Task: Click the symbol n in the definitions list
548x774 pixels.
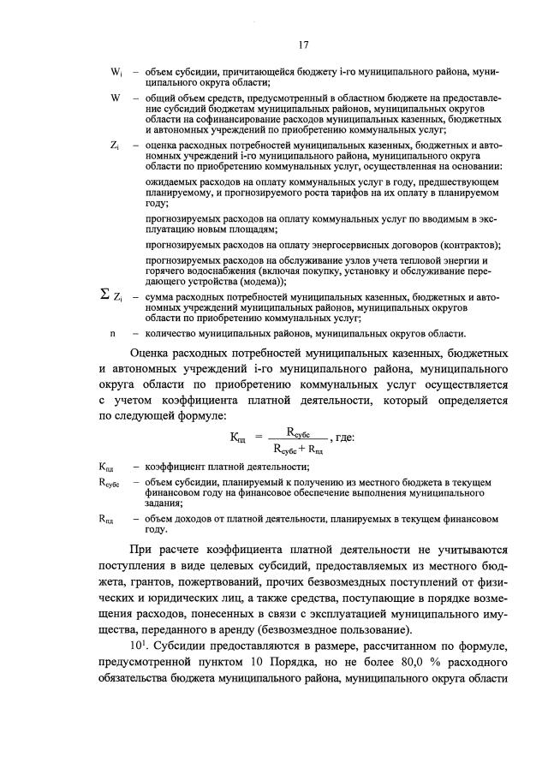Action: pos(112,333)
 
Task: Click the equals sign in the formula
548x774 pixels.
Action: pos(259,438)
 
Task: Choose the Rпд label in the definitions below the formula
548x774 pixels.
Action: pos(107,519)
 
